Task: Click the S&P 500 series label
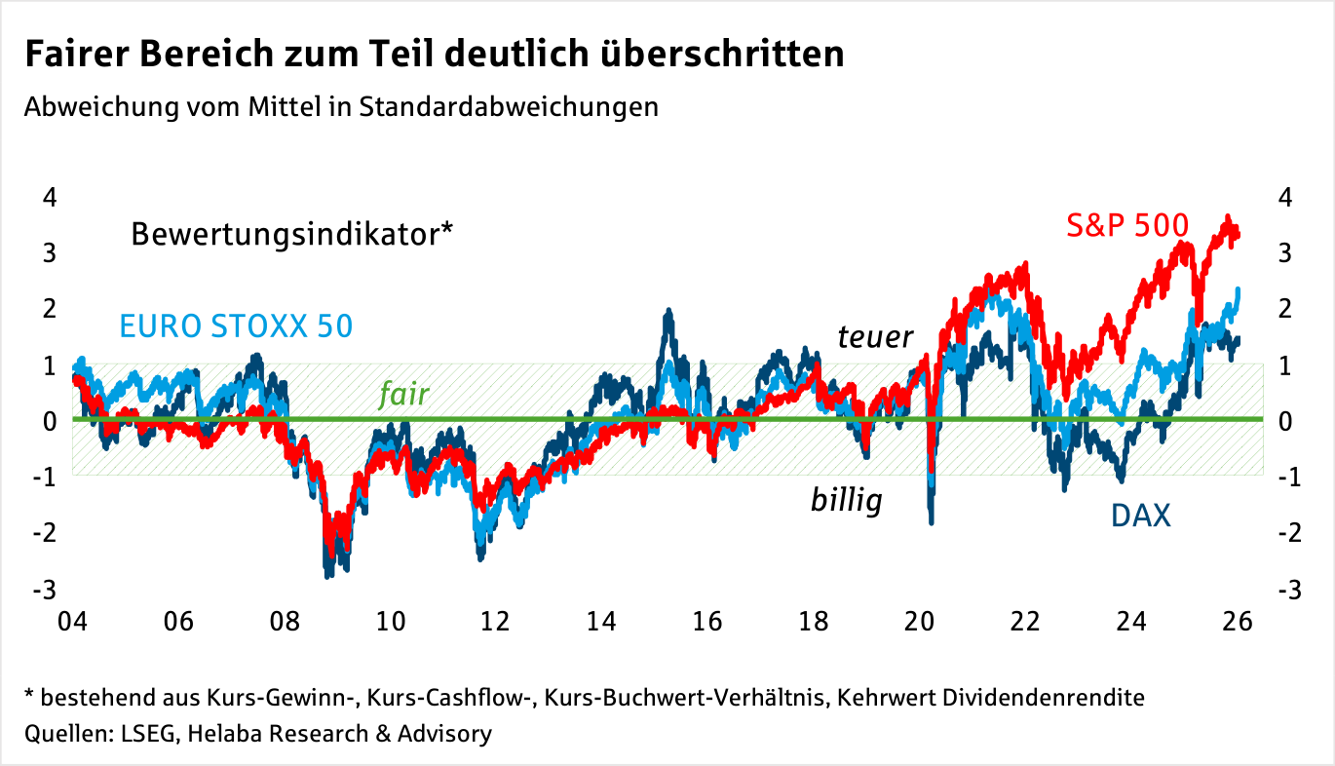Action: tap(1127, 226)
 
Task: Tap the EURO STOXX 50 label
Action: tap(235, 326)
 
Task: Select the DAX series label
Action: tap(1140, 515)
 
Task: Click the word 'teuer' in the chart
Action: tap(875, 337)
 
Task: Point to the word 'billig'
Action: tap(846, 501)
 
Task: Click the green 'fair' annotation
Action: tap(403, 394)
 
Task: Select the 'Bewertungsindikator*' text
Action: tap(292, 235)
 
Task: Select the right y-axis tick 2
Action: tap(1286, 309)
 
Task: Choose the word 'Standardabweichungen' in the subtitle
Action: tap(509, 106)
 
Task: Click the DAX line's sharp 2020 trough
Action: tap(932, 520)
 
